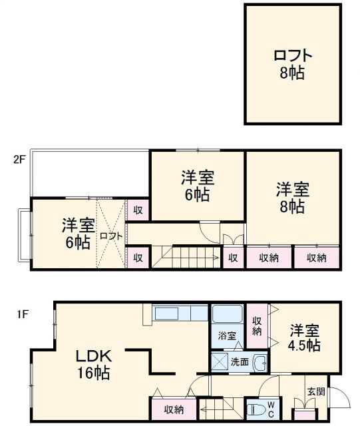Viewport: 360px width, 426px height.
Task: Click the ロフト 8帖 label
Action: (x=291, y=64)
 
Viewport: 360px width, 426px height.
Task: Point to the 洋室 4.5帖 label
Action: (x=305, y=337)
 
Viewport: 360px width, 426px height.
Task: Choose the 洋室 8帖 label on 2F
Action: (x=291, y=198)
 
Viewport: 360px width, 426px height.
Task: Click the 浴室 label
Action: (x=227, y=336)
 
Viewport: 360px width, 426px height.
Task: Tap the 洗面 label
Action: (x=240, y=363)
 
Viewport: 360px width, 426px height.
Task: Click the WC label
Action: (x=271, y=407)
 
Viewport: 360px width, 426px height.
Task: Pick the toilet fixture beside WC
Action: (x=255, y=407)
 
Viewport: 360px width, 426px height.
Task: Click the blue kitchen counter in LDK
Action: (x=180, y=313)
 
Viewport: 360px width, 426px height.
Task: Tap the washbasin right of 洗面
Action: (x=260, y=363)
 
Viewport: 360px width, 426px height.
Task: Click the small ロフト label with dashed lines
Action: (x=110, y=236)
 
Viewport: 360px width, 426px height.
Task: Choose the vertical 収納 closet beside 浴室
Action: (x=257, y=325)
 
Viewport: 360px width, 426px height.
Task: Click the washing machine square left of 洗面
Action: (x=219, y=363)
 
